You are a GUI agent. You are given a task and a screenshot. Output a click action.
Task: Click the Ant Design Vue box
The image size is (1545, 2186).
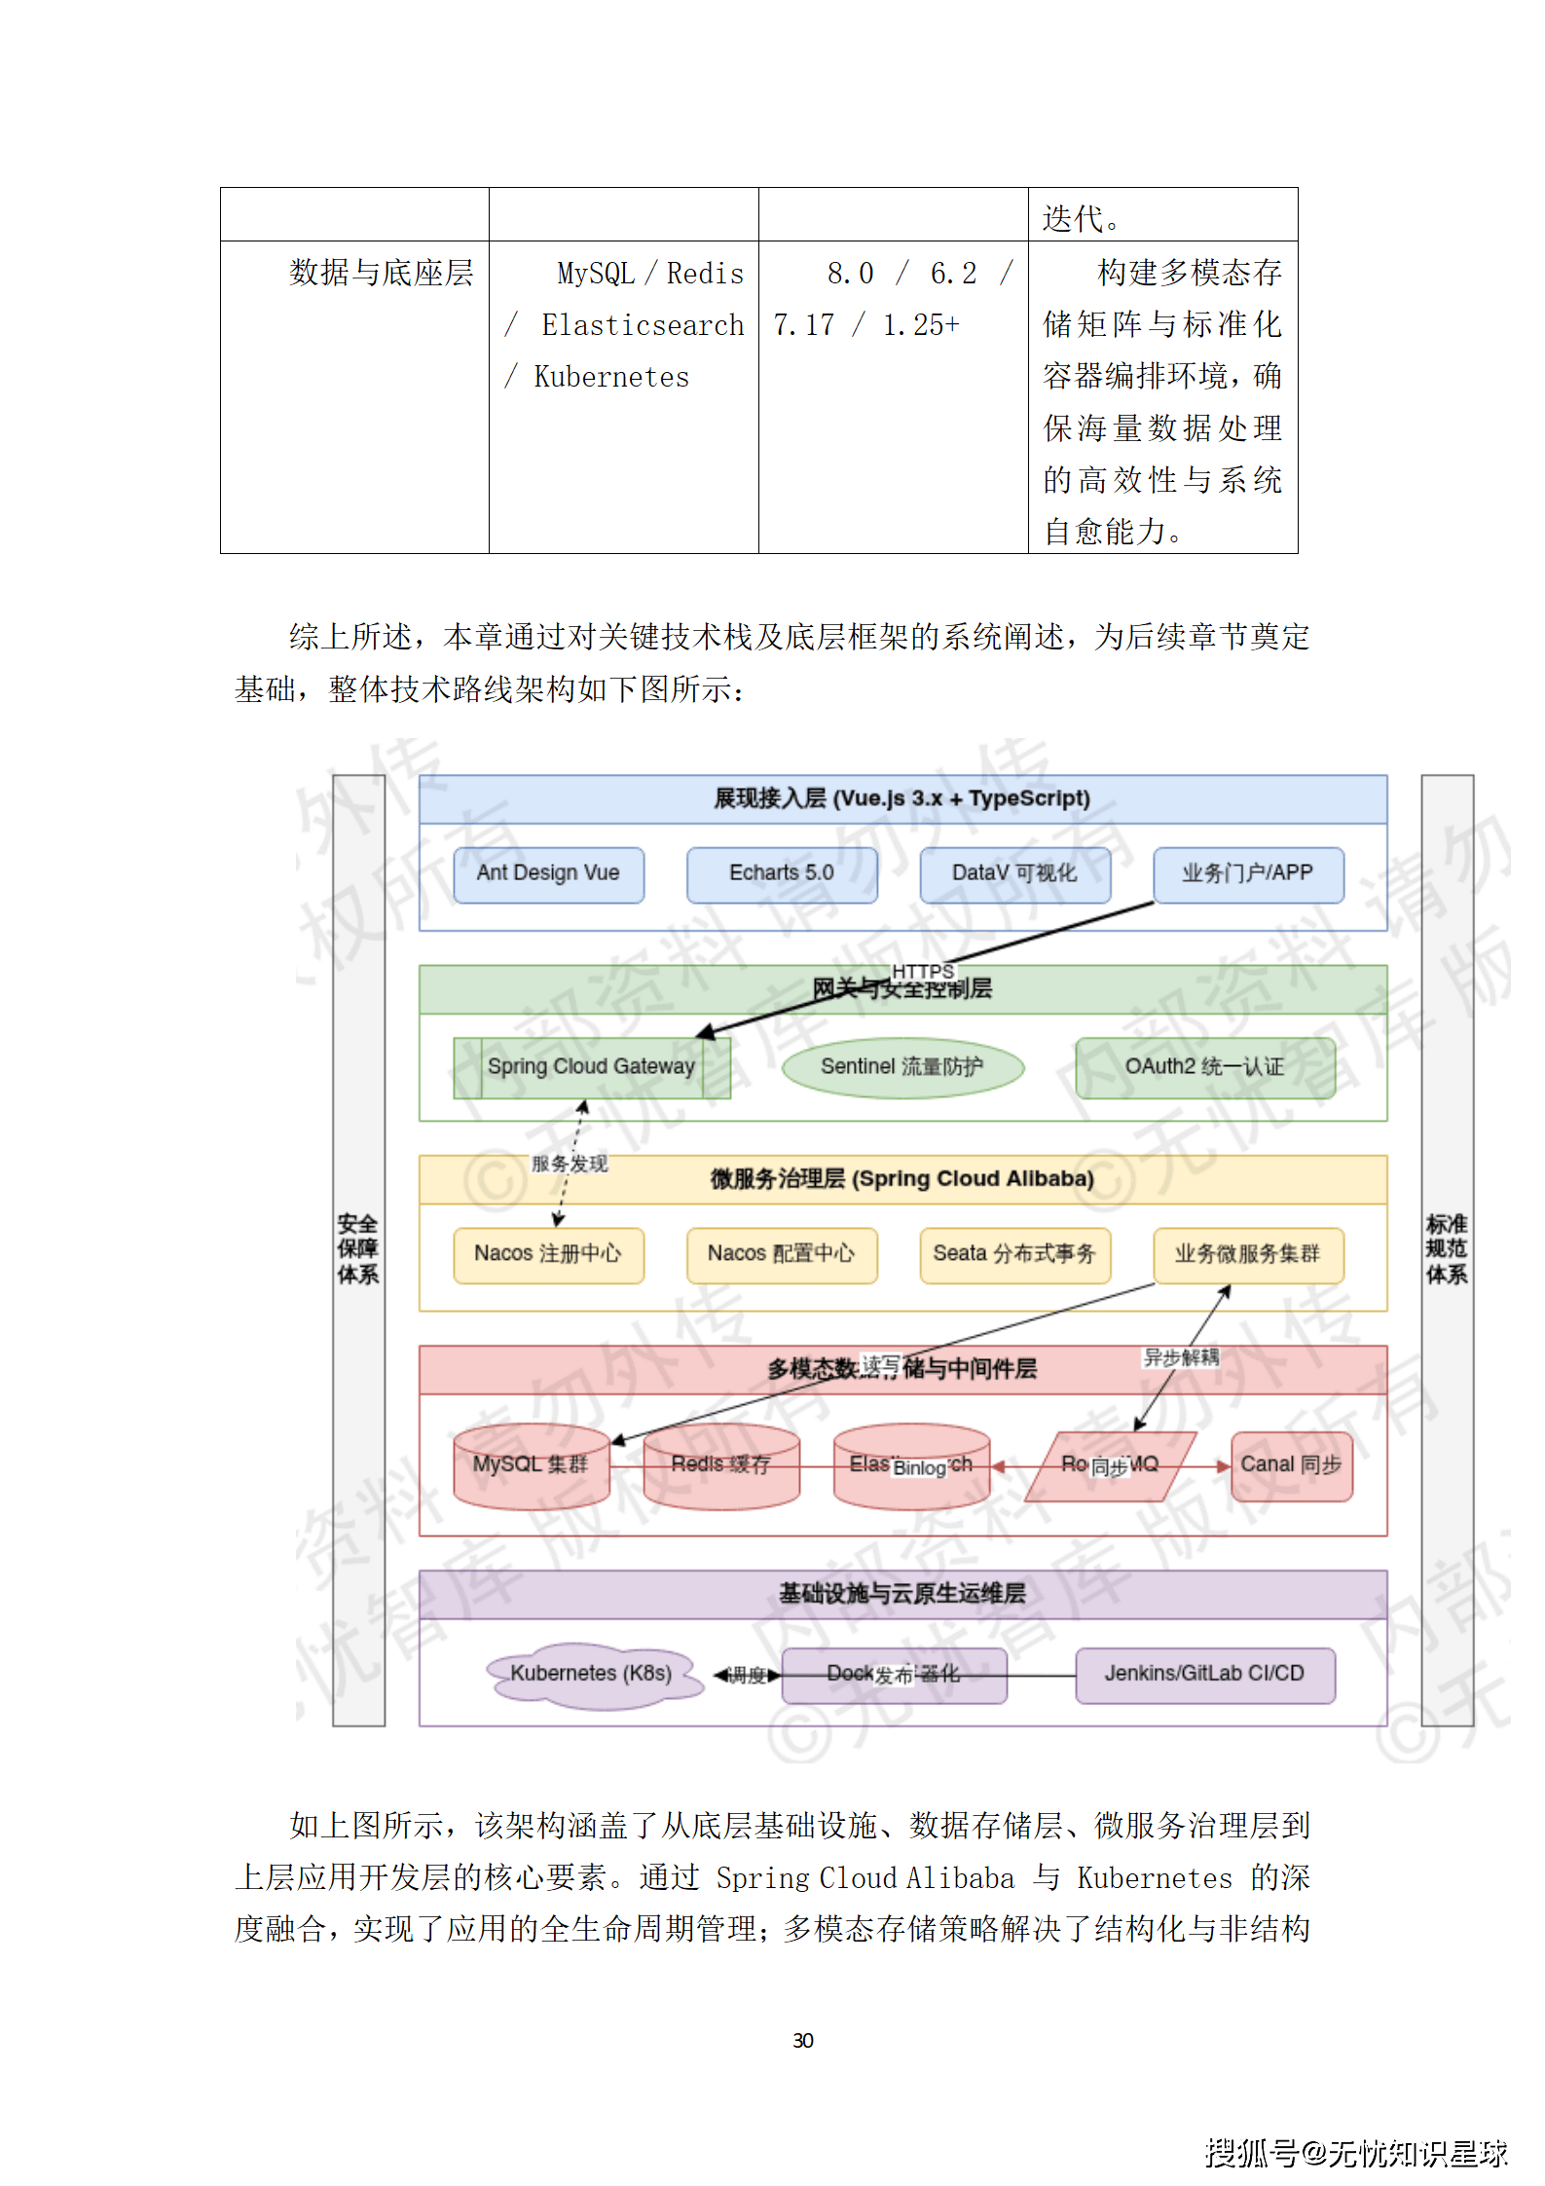tap(548, 873)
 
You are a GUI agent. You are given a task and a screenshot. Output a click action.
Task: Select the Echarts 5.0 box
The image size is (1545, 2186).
tap(782, 873)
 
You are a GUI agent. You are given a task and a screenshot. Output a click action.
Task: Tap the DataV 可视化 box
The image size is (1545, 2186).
tap(1014, 873)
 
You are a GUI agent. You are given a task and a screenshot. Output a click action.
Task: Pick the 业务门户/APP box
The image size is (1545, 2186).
tap(1248, 873)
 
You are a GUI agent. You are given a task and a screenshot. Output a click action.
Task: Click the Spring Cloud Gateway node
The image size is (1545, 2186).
tap(591, 1067)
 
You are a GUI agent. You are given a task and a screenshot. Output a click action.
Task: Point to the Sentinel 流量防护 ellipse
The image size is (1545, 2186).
tap(902, 1067)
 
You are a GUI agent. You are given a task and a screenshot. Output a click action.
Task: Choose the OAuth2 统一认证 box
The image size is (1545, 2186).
tap(1204, 1067)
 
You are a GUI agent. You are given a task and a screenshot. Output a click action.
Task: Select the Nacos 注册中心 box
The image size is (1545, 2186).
tap(548, 1254)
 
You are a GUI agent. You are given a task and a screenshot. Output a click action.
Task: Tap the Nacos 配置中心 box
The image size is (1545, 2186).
tap(782, 1254)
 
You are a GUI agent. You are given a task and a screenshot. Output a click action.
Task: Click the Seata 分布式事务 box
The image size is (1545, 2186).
tap(1014, 1254)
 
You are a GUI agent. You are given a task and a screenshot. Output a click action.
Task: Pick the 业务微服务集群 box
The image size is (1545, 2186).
tap(1248, 1254)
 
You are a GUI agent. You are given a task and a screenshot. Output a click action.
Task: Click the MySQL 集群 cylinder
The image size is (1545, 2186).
tap(531, 1465)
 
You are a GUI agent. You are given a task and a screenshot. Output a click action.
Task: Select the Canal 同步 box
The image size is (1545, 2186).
tap(1291, 1465)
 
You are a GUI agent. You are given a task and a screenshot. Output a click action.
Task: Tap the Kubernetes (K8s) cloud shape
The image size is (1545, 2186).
tap(592, 1674)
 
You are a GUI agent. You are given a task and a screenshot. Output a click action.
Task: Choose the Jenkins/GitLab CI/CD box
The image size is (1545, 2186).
tap(1204, 1674)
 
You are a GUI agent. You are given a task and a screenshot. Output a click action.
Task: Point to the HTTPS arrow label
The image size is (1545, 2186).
tap(923, 972)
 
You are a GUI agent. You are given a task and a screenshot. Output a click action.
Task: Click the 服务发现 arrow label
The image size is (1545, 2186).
tap(570, 1164)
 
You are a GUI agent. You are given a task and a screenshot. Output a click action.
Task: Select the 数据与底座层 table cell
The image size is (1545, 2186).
tap(381, 273)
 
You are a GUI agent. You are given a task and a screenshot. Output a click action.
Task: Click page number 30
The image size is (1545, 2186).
tap(803, 2040)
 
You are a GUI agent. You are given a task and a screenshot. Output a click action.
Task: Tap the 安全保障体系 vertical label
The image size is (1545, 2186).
tap(358, 1249)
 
